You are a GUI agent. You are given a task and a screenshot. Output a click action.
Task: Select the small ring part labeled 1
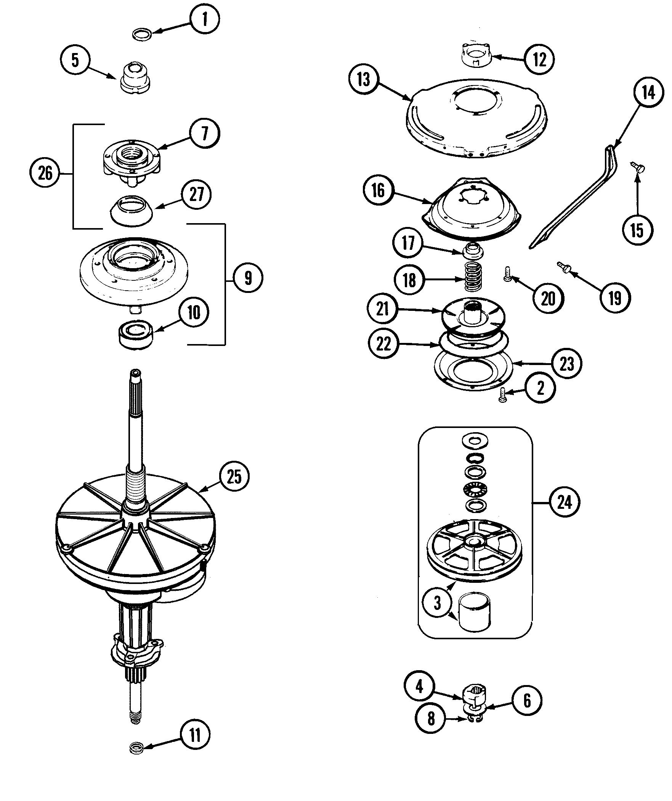(x=142, y=35)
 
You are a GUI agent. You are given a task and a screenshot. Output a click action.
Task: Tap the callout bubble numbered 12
(x=539, y=59)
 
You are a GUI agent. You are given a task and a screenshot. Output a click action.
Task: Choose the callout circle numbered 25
(x=234, y=476)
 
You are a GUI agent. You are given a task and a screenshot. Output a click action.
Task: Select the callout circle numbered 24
(x=565, y=503)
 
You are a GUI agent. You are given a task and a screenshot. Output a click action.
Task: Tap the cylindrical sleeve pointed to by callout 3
(x=475, y=616)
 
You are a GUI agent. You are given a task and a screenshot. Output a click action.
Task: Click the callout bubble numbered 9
(x=248, y=278)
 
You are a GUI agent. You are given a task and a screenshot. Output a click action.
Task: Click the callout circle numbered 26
(x=45, y=174)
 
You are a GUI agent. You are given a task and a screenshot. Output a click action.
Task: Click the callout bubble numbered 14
(x=648, y=93)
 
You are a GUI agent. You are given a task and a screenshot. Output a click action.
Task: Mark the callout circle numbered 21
(x=382, y=309)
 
